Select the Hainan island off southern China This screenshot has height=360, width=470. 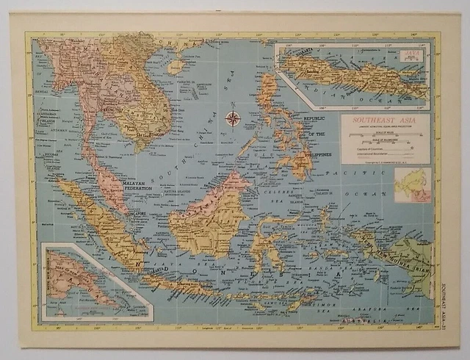point(176,66)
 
